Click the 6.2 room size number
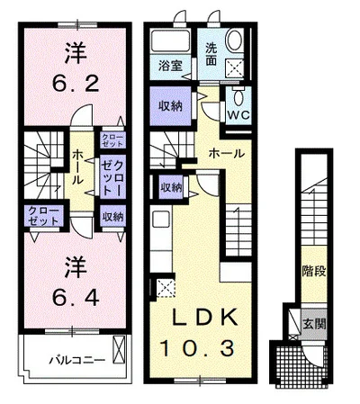click(x=76, y=84)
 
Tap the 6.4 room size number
click(x=76, y=298)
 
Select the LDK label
click(x=204, y=318)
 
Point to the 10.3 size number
click(x=197, y=348)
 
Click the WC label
click(x=238, y=114)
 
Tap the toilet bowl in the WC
click(x=238, y=97)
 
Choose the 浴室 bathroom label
click(x=170, y=66)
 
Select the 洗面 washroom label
click(x=211, y=55)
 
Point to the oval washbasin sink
click(x=235, y=40)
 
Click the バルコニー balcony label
click(x=77, y=360)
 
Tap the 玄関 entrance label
click(x=314, y=324)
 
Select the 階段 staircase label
click(x=314, y=272)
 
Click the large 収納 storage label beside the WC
click(x=170, y=105)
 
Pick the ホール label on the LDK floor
click(x=227, y=154)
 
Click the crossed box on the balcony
click(x=119, y=350)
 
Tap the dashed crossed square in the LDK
click(x=166, y=288)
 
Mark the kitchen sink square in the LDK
click(x=161, y=220)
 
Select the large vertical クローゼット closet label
click(x=112, y=177)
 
